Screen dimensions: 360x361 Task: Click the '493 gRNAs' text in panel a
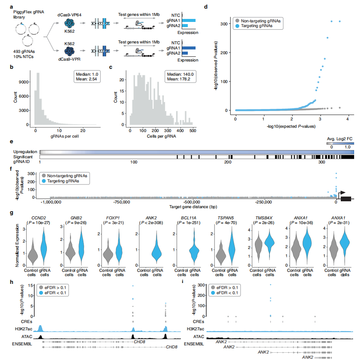21,52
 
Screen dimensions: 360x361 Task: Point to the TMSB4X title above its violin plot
263,218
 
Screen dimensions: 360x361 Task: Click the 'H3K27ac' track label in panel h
21,329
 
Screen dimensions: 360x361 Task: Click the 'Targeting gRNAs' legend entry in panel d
257,26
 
